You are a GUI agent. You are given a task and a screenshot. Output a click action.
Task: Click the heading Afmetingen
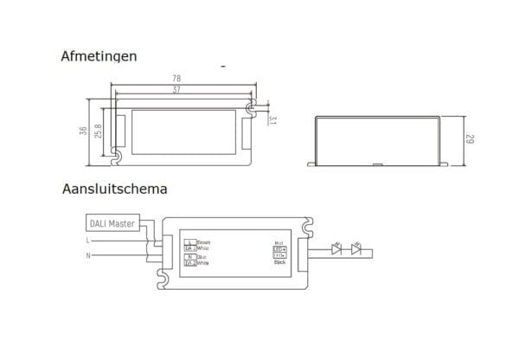pos(98,57)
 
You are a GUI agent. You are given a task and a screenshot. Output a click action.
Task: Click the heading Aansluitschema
pos(115,187)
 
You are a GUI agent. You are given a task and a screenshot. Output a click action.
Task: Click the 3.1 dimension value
pos(272,119)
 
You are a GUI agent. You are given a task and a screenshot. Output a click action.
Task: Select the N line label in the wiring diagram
pos(87,257)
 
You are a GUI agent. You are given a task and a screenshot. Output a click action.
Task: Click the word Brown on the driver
pos(203,242)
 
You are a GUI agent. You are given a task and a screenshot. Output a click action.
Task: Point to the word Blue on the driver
pos(202,256)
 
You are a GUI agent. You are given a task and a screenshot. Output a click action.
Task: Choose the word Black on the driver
pos(279,261)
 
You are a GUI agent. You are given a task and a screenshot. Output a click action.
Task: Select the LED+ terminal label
pos(279,248)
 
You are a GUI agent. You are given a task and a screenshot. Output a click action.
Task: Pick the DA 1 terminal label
pos(190,248)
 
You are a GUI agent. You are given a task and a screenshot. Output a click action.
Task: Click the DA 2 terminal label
pos(190,262)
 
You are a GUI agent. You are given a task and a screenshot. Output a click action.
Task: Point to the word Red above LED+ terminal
pos(279,242)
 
